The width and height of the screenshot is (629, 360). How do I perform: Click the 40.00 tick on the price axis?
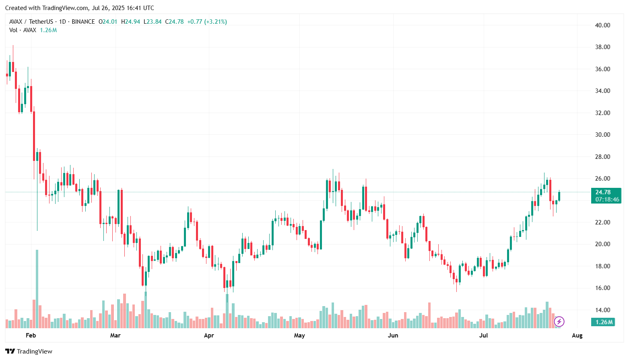coord(602,25)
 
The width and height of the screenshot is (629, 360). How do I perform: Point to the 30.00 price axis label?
coord(602,134)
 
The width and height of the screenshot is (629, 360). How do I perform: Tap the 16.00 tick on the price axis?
coord(602,288)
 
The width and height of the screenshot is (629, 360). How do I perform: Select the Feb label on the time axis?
coord(31,335)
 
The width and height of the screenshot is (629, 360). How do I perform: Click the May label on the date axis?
coord(299,335)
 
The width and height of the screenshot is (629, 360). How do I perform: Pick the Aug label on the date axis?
coord(577,335)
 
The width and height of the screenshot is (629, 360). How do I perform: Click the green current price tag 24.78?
coord(603,192)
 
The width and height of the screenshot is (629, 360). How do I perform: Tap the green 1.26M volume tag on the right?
coord(603,322)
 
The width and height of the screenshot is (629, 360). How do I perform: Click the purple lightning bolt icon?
coord(559,322)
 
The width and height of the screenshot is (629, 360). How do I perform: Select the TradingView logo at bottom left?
coord(29,351)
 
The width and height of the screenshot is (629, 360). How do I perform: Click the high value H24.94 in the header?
coord(130,22)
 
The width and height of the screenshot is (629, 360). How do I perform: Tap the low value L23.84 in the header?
coord(153,22)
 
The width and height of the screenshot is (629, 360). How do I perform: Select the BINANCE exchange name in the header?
coord(83,22)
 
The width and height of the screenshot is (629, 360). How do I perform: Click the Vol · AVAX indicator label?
coord(23,30)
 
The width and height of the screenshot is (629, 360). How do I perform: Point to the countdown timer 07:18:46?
coord(607,200)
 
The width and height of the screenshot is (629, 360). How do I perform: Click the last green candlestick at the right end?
coord(559,196)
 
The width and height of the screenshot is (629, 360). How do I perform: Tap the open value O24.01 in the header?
coord(108,22)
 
